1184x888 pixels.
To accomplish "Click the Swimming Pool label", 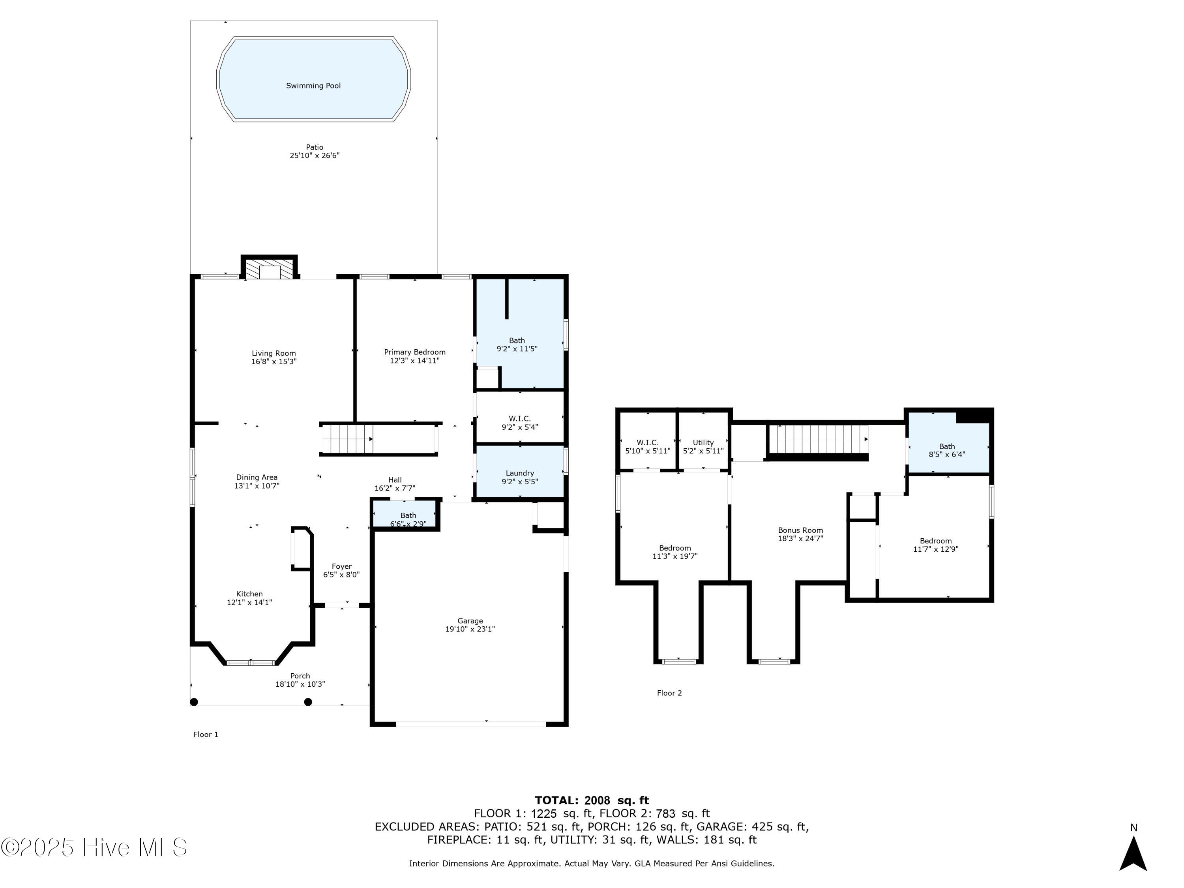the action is coord(313,86).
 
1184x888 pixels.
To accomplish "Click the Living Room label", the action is coord(274,353).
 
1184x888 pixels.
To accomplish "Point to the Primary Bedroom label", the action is coord(415,352).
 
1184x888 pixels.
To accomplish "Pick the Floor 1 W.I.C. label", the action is coord(520,419).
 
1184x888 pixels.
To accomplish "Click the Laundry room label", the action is coord(520,473).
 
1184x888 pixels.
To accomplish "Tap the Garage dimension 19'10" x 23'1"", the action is coord(470,629).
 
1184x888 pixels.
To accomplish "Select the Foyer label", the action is coord(341,566).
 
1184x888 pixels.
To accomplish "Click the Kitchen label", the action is coord(249,594).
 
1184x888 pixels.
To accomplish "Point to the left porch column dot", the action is coord(194,702).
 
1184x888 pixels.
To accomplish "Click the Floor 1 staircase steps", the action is coord(347,439).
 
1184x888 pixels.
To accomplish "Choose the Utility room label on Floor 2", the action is coord(703,443).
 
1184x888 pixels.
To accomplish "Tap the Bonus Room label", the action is coord(800,530).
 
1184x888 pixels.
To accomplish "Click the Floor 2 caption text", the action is coord(669,693).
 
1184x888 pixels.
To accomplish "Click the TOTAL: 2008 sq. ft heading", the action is coord(592,800).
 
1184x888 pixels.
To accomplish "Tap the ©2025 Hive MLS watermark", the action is coord(94,847).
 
